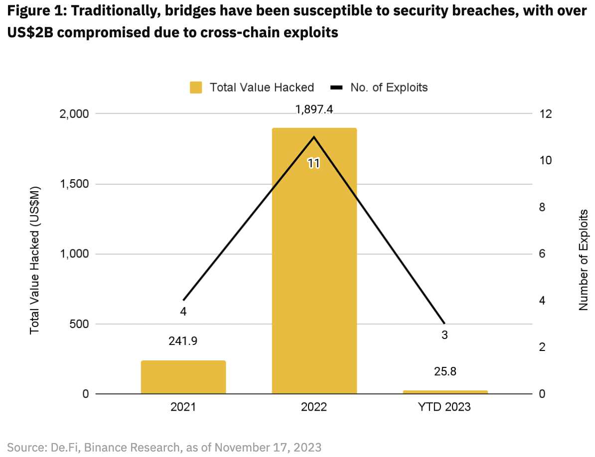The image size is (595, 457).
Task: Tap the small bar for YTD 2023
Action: click(x=445, y=392)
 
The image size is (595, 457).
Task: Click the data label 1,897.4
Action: click(x=314, y=110)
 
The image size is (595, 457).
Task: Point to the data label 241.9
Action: click(x=183, y=342)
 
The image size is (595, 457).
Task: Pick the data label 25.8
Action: click(x=445, y=371)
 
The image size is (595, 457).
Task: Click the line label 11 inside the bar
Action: click(x=313, y=163)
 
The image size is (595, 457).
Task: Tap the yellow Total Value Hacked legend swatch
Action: click(x=196, y=88)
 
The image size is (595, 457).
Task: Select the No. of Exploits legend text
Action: click(x=389, y=88)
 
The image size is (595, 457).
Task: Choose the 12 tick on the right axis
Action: click(x=546, y=114)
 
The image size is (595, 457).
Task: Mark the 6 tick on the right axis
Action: click(x=543, y=254)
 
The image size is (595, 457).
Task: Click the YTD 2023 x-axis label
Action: click(x=445, y=407)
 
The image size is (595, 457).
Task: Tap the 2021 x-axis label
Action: click(x=183, y=407)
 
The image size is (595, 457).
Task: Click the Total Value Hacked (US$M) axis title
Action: click(x=34, y=260)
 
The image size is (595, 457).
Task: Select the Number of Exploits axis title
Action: click(x=583, y=260)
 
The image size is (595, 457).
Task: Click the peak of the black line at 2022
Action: click(x=314, y=136)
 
